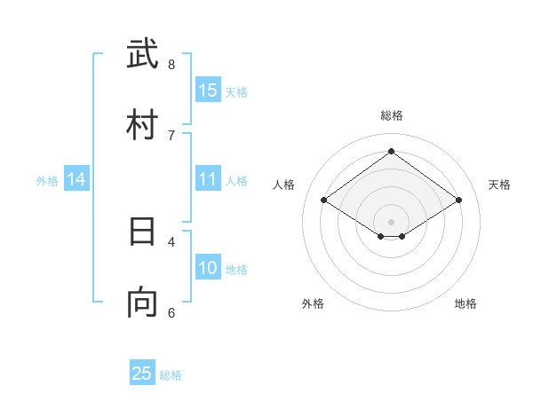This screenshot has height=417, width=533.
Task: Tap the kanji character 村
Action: pos(142,124)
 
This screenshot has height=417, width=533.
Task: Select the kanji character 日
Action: pos(142,232)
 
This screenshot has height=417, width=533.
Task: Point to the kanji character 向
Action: pos(142,303)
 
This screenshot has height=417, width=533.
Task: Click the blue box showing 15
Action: pos(208,90)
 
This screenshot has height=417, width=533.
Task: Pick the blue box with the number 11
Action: pos(208,179)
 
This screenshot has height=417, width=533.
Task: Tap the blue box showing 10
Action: pos(208,268)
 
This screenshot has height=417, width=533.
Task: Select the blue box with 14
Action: pos(76,179)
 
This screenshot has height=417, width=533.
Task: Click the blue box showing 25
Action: pos(142,374)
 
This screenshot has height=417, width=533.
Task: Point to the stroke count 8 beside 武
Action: pos(171,64)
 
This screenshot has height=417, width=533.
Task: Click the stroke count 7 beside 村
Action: pos(171,135)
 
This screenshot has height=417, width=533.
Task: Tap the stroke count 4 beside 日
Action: pos(171,241)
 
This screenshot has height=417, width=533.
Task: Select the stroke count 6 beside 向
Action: pos(171,312)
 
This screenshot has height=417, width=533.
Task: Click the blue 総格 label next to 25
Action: pos(171,375)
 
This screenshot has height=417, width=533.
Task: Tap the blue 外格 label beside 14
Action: pos(47,181)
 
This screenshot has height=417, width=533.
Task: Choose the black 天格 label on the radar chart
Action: pos(500,185)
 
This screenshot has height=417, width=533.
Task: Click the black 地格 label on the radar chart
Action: pos(465,303)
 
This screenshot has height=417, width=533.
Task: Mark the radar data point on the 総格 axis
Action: pos(391,151)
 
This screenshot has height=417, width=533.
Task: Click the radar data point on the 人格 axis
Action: pos(323,201)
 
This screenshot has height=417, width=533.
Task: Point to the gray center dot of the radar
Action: pos(391,221)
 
